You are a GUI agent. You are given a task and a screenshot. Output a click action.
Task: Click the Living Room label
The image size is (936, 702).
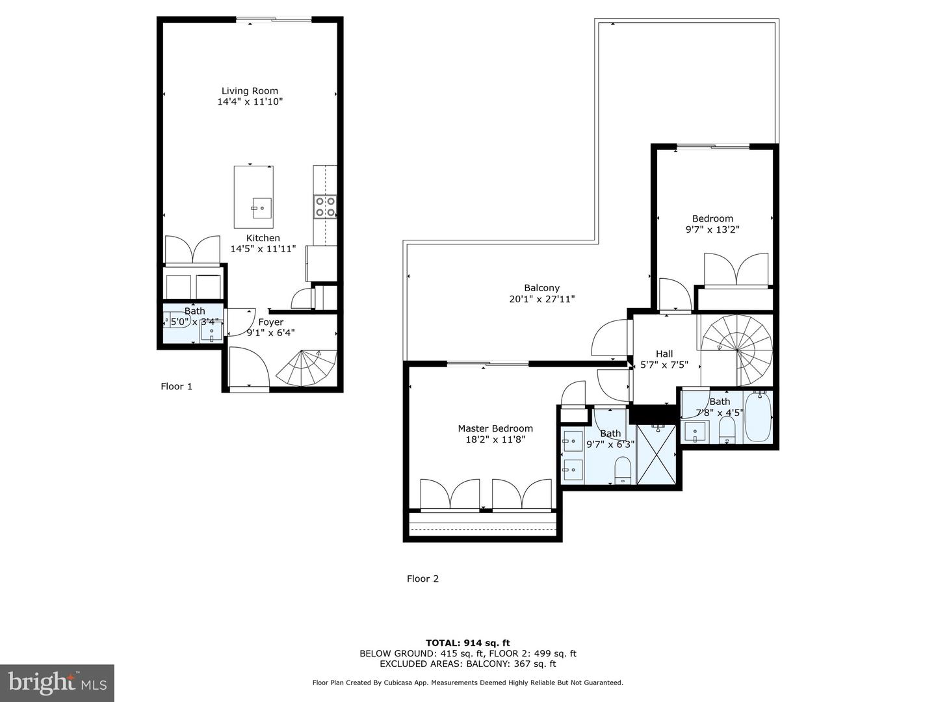click(250, 91)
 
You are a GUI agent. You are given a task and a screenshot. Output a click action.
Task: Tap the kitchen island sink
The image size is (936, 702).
click(261, 209)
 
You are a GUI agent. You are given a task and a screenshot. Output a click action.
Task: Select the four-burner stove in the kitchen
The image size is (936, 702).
click(325, 207)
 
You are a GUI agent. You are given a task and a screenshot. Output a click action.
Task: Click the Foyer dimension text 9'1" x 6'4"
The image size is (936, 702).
click(270, 333)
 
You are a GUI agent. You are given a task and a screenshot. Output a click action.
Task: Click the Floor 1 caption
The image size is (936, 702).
click(176, 386)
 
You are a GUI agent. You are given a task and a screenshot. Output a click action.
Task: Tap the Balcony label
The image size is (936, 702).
click(541, 288)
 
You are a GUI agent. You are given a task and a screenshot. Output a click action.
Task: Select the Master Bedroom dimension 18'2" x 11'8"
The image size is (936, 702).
click(495, 439)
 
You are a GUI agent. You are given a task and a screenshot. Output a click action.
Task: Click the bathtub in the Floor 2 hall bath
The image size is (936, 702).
click(757, 417)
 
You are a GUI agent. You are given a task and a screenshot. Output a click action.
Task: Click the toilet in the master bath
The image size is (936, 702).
click(623, 469)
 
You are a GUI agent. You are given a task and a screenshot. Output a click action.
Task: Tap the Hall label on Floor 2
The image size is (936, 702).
click(664, 354)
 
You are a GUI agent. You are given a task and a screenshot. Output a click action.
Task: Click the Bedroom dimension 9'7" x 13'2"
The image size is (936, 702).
click(712, 229)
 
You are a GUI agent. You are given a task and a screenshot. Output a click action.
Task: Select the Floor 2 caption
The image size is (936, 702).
click(422, 578)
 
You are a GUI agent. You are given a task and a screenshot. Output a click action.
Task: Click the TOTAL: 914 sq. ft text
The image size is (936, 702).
click(467, 643)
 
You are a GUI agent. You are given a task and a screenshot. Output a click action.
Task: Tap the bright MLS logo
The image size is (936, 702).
click(57, 682)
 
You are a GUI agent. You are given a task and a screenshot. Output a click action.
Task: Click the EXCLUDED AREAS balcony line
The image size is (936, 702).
click(467, 664)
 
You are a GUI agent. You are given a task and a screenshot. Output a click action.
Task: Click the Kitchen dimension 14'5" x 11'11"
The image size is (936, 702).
click(263, 248)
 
